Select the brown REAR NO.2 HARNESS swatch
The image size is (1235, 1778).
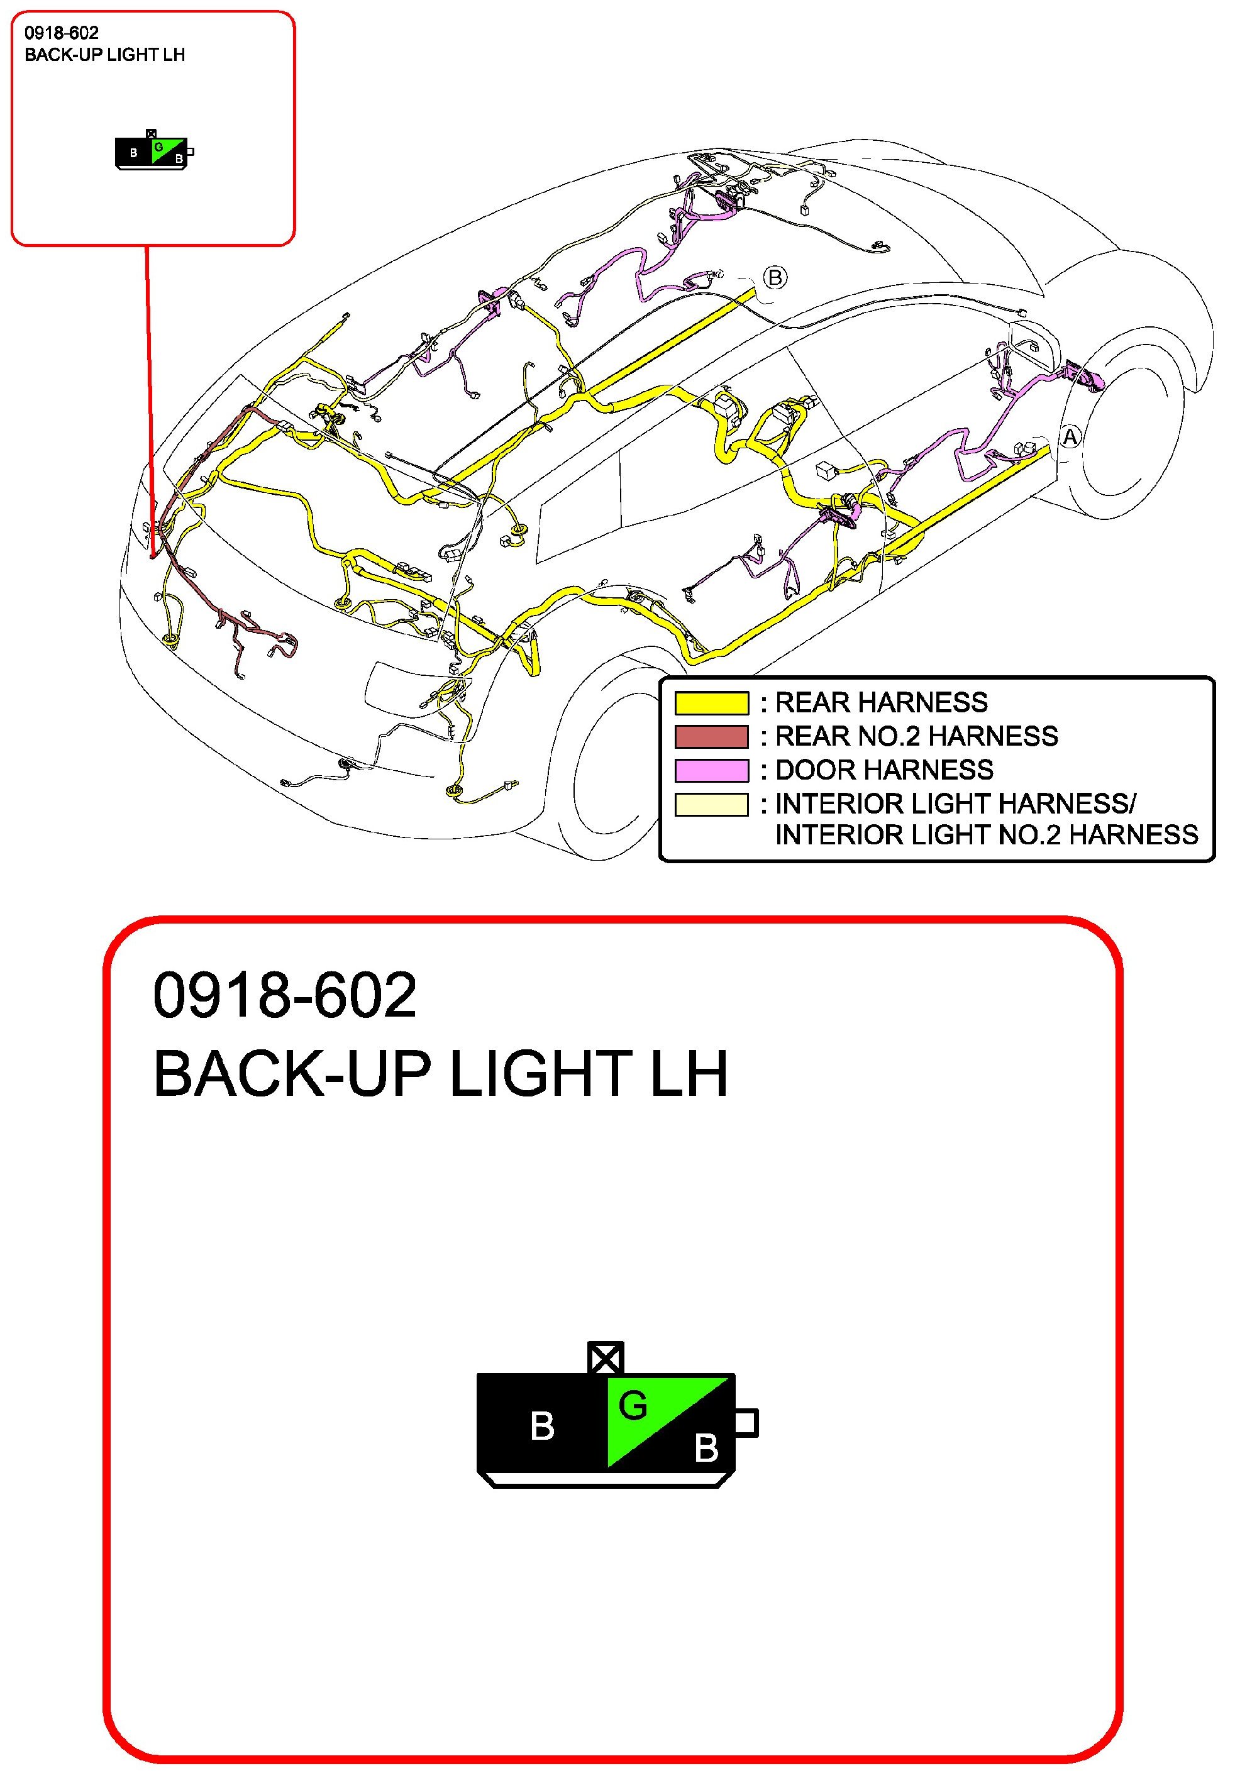(x=711, y=737)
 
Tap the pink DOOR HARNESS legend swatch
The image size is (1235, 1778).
(x=711, y=771)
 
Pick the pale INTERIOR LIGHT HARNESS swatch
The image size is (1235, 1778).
(x=711, y=805)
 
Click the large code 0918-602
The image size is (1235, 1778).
(x=285, y=995)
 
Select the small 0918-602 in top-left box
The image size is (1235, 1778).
(x=62, y=33)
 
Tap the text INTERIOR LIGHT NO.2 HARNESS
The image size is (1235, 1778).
(x=987, y=835)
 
